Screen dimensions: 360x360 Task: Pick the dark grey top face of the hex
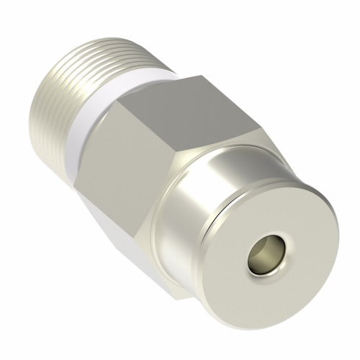194,108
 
